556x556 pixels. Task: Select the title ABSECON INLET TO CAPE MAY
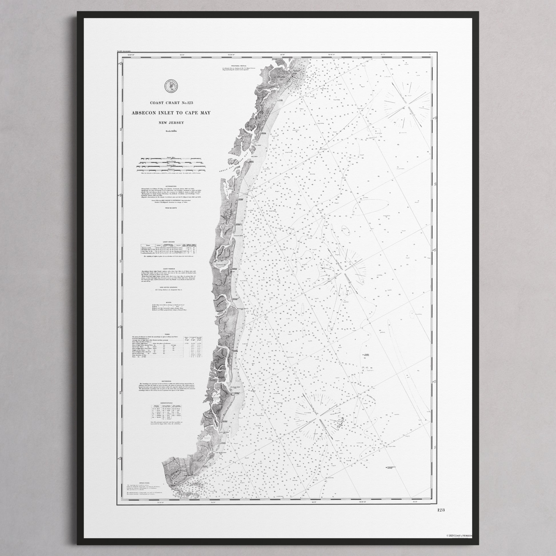171,113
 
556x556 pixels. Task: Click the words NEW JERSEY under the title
171,123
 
